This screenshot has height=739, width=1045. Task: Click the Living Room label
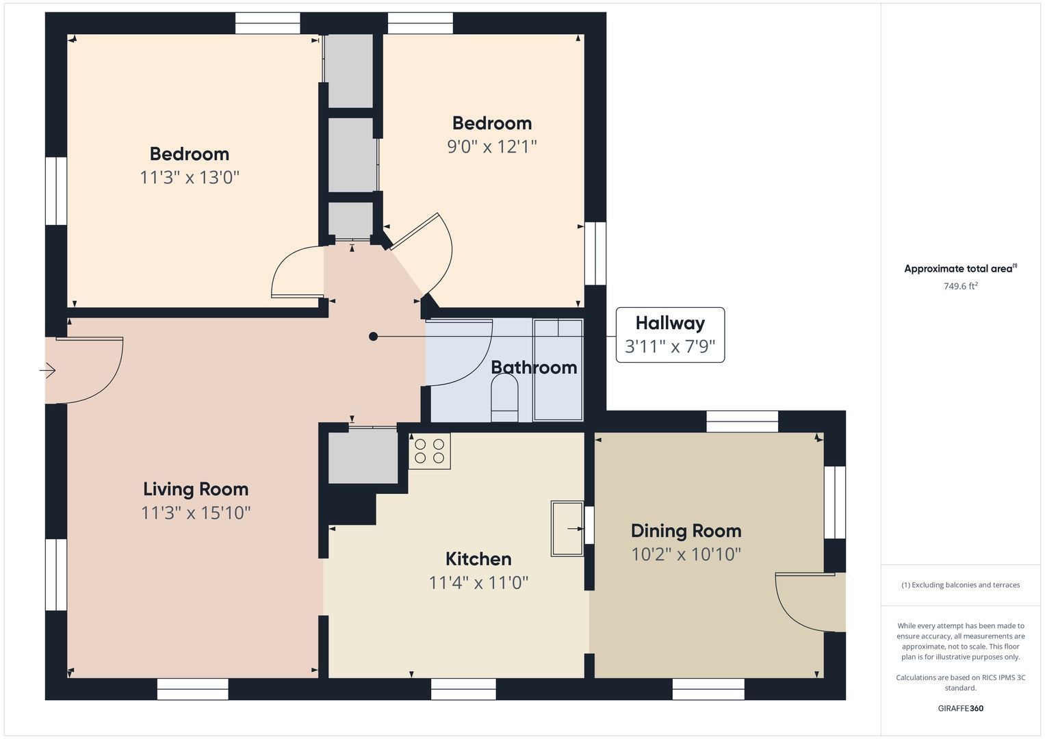pyautogui.click(x=196, y=489)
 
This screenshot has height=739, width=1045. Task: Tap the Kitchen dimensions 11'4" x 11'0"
pyautogui.click(x=478, y=583)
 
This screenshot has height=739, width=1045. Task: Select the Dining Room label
pyautogui.click(x=686, y=531)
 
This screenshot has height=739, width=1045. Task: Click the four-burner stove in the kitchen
pyautogui.click(x=429, y=451)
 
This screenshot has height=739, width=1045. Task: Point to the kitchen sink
pyautogui.click(x=567, y=528)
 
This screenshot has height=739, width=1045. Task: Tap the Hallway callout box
pyautogui.click(x=670, y=335)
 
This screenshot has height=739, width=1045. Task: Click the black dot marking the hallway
pyautogui.click(x=373, y=337)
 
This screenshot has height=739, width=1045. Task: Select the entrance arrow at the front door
pyautogui.click(x=48, y=371)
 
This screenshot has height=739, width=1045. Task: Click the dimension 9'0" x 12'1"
pyautogui.click(x=492, y=147)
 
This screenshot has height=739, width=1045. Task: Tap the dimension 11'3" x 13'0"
pyautogui.click(x=190, y=178)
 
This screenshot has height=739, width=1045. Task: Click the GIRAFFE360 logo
pyautogui.click(x=961, y=708)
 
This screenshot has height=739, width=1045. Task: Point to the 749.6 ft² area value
pyautogui.click(x=961, y=286)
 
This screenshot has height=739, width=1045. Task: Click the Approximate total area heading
pyautogui.click(x=961, y=268)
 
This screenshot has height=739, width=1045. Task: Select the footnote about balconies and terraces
pyautogui.click(x=961, y=585)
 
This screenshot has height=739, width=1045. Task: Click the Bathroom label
pyautogui.click(x=534, y=367)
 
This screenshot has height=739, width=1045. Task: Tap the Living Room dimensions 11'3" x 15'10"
pyautogui.click(x=196, y=513)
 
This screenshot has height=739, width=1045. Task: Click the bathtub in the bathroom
pyautogui.click(x=558, y=369)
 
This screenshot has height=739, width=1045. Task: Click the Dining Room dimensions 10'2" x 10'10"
pyautogui.click(x=686, y=555)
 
